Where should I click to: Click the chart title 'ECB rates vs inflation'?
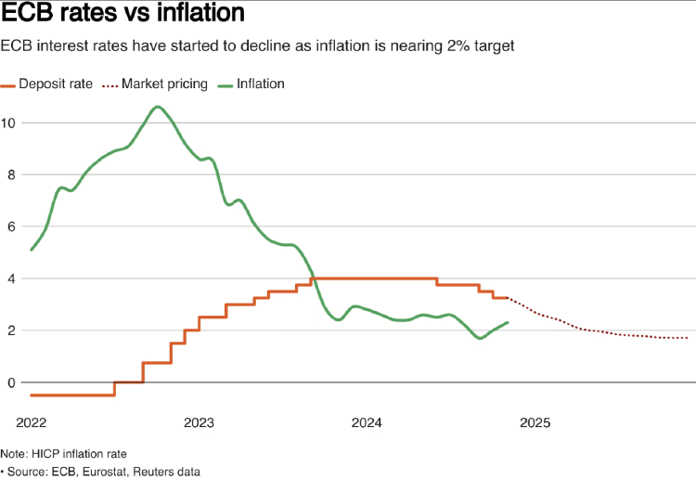point(123,15)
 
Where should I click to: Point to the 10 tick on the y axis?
point(9,123)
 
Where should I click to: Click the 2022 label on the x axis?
point(31,423)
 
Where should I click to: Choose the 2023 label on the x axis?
point(200,423)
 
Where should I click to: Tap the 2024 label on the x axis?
point(367,423)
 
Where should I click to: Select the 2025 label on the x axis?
point(535,423)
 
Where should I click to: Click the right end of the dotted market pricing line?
point(688,338)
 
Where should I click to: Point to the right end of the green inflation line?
point(508,322)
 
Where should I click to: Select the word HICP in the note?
point(46,453)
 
